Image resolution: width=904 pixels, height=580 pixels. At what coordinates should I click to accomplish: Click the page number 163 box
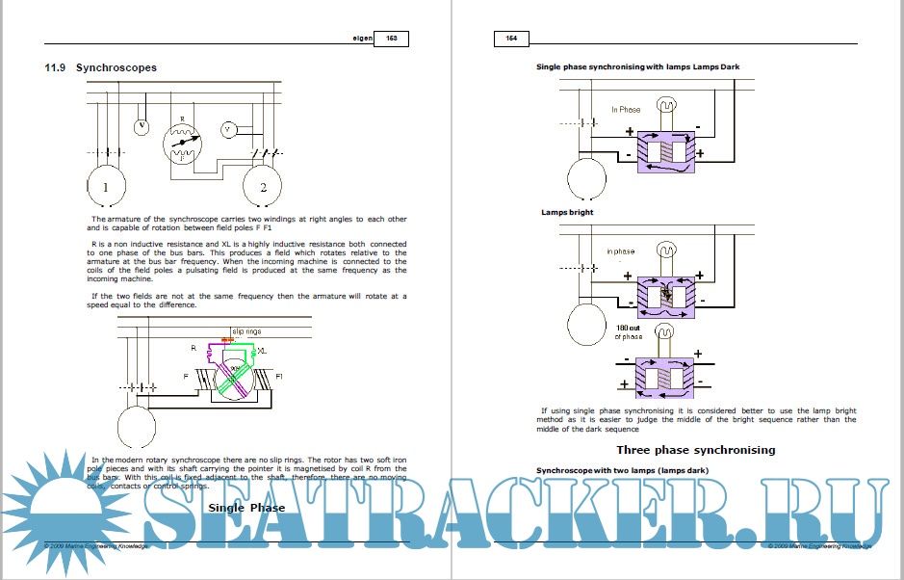click(392, 39)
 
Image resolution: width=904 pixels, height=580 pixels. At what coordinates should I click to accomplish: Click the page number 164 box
click(511, 39)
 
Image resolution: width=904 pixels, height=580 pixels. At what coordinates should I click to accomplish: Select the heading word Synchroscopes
click(116, 67)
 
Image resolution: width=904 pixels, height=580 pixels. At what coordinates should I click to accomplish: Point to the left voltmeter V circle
click(142, 126)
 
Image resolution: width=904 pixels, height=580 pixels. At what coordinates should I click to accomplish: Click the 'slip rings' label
click(246, 331)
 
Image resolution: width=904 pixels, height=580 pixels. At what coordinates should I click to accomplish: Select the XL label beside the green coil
click(262, 351)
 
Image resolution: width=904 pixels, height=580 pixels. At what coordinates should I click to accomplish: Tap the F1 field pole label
click(279, 375)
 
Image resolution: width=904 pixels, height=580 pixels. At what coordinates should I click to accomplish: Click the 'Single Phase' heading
click(246, 507)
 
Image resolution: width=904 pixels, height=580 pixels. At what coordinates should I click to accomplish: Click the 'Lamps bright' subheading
click(567, 212)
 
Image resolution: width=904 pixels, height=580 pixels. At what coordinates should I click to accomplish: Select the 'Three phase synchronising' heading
click(695, 450)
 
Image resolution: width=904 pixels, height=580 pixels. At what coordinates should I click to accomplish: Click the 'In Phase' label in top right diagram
click(626, 110)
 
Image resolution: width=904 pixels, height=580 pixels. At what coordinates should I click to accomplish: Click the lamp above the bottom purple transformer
click(663, 333)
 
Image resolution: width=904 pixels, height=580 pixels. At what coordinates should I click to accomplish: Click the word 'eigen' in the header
click(362, 39)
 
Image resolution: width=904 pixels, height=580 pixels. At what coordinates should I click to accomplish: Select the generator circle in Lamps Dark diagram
click(584, 177)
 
